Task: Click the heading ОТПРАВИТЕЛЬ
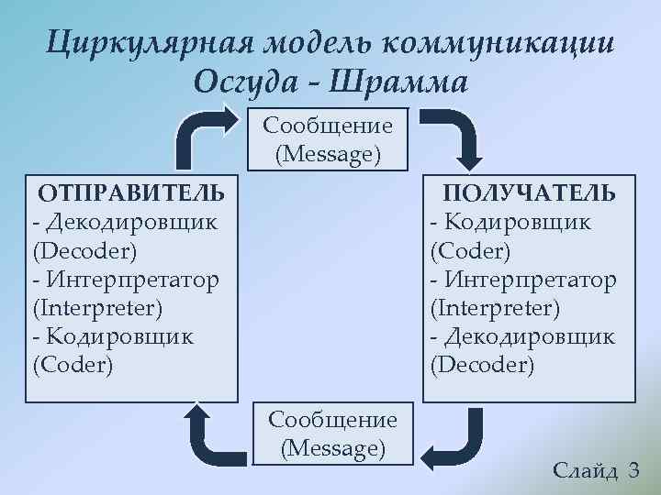[x=130, y=192]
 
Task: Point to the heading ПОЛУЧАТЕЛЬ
[x=530, y=192]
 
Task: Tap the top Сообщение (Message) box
[x=328, y=139]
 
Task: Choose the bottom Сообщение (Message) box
[x=332, y=434]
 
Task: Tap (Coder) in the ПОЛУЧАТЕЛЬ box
[x=470, y=250]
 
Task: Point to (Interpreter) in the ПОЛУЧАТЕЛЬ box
[x=495, y=307]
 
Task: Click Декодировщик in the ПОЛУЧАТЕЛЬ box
[x=527, y=336]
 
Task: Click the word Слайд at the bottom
[x=586, y=471]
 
